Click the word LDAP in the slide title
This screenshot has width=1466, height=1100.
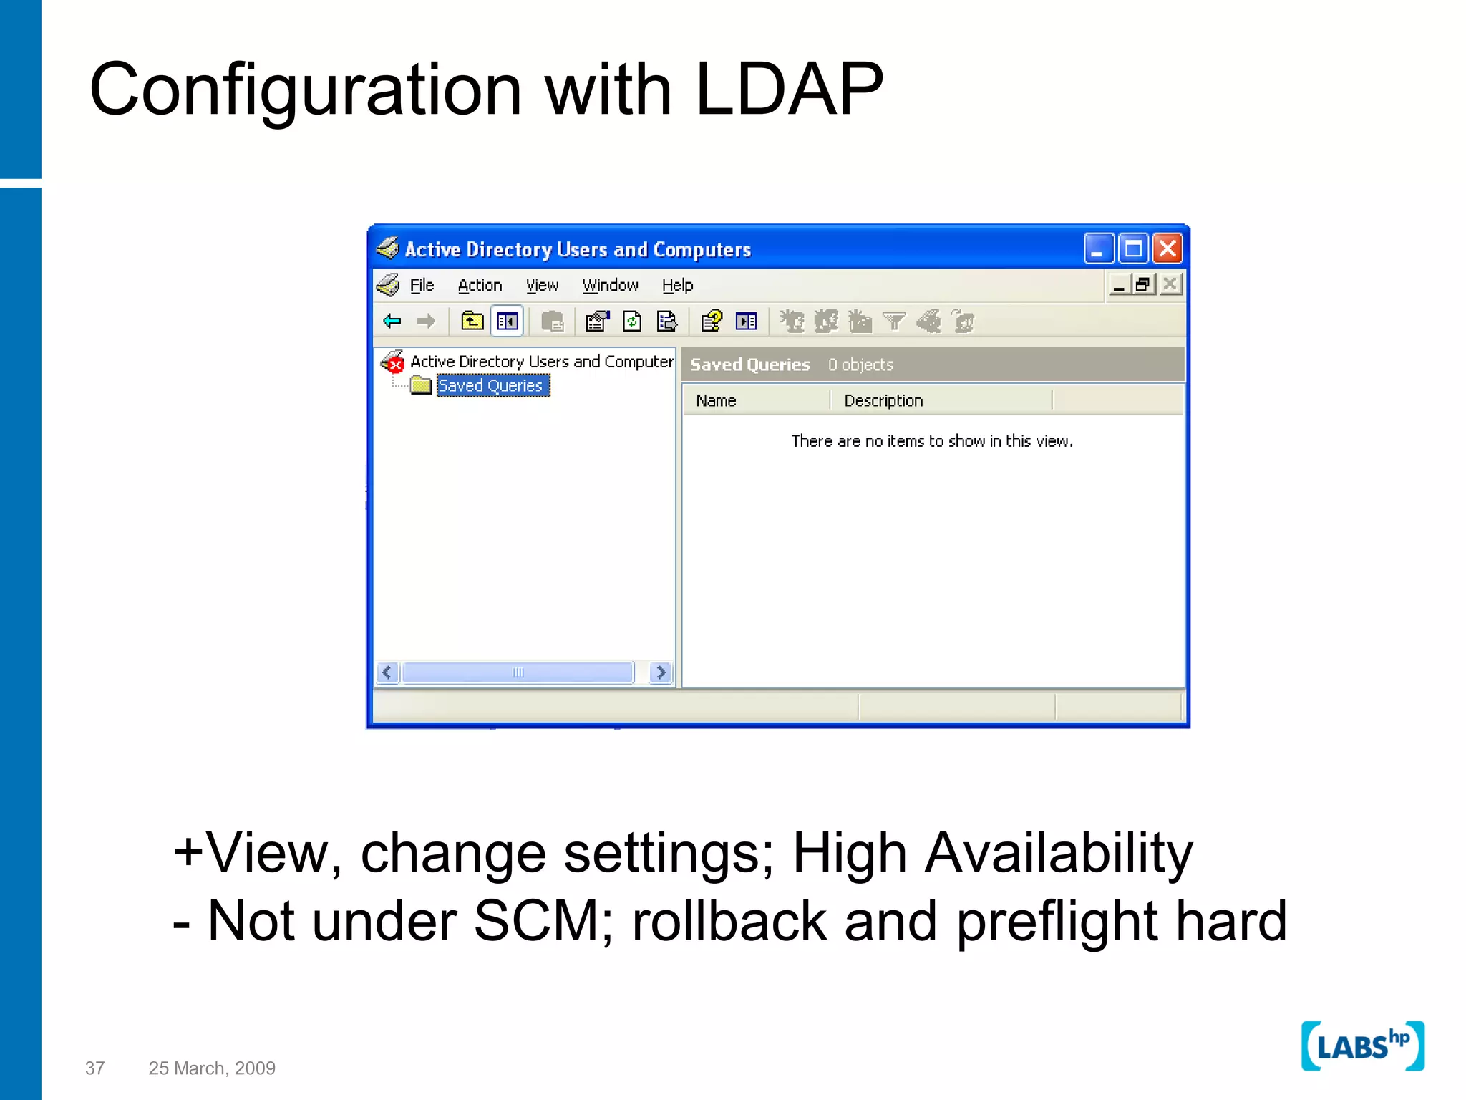[x=789, y=90]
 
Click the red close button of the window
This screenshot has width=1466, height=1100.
[x=1168, y=249]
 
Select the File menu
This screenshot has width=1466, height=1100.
[x=422, y=286]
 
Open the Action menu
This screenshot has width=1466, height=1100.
[x=480, y=286]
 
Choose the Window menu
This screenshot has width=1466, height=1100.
[x=610, y=286]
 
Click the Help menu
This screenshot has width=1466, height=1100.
[x=677, y=286]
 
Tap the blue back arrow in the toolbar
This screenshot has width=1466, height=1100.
[x=392, y=322]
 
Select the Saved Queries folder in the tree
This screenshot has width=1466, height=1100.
[x=491, y=386]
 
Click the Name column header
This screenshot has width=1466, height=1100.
[x=716, y=401]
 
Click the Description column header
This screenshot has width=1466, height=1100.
[x=883, y=401]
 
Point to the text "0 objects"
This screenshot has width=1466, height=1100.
[x=860, y=365]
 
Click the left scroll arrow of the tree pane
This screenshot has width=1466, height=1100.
[x=387, y=672]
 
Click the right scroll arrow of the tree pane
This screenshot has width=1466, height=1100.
[x=661, y=672]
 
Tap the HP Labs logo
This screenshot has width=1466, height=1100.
[x=1362, y=1046]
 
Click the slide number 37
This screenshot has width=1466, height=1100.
[x=94, y=1068]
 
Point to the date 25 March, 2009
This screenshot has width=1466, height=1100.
[x=212, y=1068]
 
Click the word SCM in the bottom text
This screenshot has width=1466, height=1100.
[x=538, y=921]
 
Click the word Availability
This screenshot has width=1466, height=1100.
[x=1059, y=854]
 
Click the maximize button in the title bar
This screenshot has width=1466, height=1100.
[x=1133, y=249]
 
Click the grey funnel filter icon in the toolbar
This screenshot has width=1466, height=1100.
[x=894, y=322]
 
